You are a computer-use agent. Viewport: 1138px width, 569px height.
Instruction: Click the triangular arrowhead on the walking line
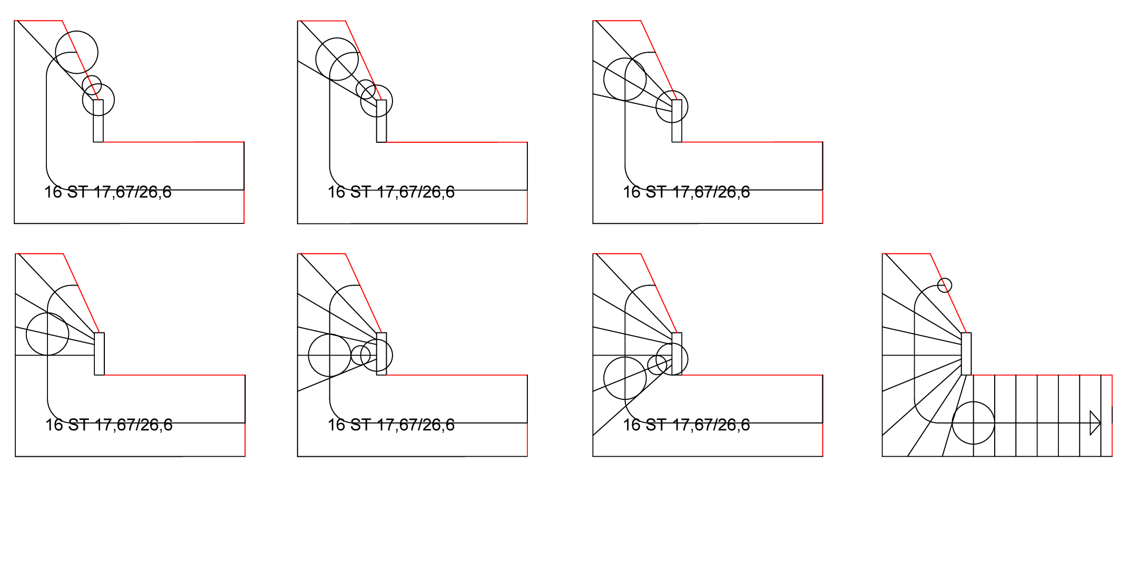(x=1095, y=423)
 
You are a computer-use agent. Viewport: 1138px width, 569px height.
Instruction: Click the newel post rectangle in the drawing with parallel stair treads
(x=966, y=354)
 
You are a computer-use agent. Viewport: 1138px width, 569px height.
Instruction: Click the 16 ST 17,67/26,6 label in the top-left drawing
(x=108, y=192)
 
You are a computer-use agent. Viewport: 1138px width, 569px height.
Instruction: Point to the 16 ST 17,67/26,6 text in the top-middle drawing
(x=391, y=192)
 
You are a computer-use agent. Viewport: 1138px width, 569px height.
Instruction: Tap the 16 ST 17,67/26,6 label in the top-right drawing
(x=686, y=192)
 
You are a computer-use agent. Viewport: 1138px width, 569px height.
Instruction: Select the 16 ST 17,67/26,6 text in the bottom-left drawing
(x=109, y=425)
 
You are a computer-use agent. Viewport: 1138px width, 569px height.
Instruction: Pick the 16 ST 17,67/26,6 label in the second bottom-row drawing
(x=391, y=425)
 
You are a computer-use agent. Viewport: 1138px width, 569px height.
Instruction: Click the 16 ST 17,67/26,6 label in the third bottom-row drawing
(x=686, y=425)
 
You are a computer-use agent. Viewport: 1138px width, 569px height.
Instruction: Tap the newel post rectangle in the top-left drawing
(x=98, y=121)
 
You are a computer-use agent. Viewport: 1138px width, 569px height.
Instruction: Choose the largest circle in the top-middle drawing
(x=316, y=59)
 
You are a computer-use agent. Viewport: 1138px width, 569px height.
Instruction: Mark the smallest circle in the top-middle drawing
(x=356, y=89)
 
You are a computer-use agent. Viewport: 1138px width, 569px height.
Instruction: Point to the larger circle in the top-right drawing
(x=603, y=79)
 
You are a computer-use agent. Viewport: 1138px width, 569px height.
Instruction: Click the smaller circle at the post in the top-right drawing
(x=656, y=106)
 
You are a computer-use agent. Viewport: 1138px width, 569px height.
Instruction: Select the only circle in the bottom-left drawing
(x=26, y=334)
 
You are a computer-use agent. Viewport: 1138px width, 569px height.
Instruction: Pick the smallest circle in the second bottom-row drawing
(x=351, y=355)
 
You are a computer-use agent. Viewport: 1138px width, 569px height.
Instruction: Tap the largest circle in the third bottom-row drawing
(x=604, y=378)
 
